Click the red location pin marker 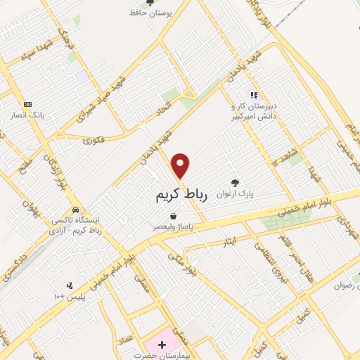coord(181,165)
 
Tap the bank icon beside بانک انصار coord(27,103)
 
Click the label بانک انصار coord(30,114)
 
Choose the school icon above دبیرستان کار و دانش coord(255,95)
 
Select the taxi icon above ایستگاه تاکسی coord(75,210)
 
